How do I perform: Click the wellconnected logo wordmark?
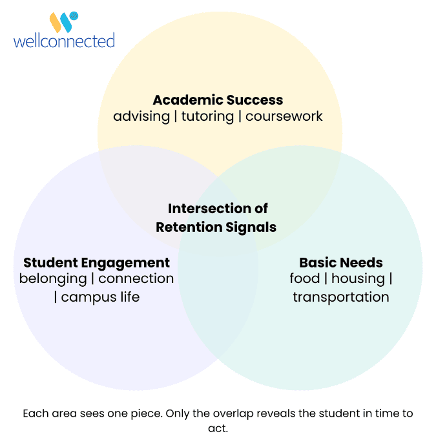tap(64, 41)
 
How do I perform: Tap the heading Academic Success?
tap(218, 100)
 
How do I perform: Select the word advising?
tap(141, 116)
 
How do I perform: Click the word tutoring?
tap(207, 116)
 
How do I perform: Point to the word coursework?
tap(284, 116)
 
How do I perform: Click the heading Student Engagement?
tap(96, 263)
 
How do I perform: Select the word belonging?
tap(53, 279)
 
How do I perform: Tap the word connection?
tap(136, 278)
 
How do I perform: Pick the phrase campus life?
tap(100, 297)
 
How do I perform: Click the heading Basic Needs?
tap(341, 263)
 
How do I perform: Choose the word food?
tap(304, 278)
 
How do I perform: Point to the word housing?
tap(358, 279)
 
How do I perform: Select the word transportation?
tap(341, 297)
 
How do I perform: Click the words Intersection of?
tap(218, 209)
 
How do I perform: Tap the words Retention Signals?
tap(216, 227)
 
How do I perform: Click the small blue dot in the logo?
tap(74, 16)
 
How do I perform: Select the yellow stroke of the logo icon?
tap(56, 23)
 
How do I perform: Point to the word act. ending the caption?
tap(218, 428)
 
